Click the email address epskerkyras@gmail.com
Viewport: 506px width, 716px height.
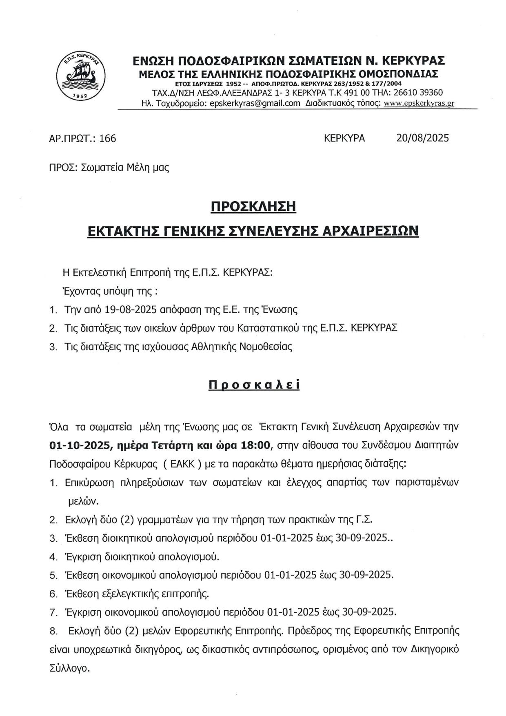tap(255, 103)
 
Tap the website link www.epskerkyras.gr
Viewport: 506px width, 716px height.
tap(419, 103)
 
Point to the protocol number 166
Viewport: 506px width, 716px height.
tap(108, 138)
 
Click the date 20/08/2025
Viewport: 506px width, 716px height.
tap(422, 138)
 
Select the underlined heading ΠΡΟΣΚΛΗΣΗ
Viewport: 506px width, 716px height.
tap(253, 207)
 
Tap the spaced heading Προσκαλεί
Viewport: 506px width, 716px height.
tap(254, 385)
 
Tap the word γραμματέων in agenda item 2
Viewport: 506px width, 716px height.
tap(163, 520)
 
